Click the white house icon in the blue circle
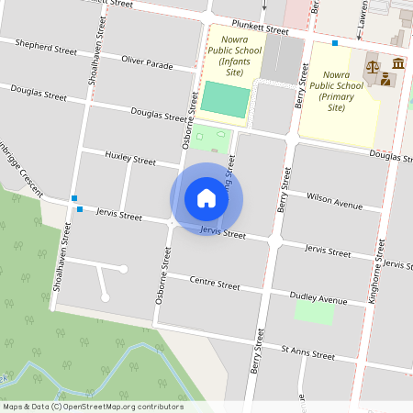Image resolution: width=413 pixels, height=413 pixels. [x=206, y=198]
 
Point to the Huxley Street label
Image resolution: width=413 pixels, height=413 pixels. [x=130, y=158]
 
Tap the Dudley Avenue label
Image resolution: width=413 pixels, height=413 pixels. [x=318, y=299]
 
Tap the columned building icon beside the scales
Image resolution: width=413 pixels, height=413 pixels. [x=397, y=63]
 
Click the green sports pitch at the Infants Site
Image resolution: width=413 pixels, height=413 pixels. [x=225, y=99]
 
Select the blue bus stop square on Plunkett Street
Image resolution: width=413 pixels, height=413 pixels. [x=335, y=43]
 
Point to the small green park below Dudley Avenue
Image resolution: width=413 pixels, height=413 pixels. [x=314, y=313]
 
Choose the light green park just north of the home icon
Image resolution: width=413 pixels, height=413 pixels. [x=210, y=141]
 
